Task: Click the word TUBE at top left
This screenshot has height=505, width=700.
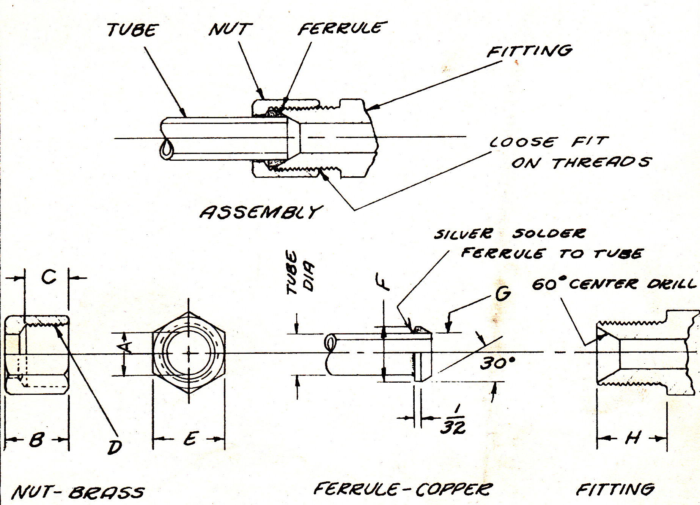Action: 132,30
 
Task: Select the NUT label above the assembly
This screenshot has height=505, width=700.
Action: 230,29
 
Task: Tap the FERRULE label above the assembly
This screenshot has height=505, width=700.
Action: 342,28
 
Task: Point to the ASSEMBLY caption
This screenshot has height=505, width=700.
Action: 261,212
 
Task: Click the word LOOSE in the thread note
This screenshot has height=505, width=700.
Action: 523,142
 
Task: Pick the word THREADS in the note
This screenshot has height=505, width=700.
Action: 601,162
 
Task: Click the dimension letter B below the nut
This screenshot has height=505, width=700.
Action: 36,439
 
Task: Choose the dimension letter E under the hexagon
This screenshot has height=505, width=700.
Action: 190,439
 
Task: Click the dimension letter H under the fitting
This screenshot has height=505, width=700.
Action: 632,438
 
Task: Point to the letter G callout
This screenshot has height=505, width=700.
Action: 503,293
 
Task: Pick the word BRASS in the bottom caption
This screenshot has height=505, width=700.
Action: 106,492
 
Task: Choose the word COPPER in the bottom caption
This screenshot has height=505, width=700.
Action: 454,489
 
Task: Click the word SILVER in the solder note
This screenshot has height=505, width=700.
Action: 463,234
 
